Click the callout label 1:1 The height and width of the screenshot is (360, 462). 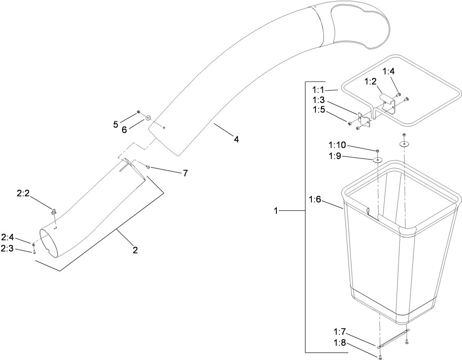(318, 89)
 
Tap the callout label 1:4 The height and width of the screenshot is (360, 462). (388, 72)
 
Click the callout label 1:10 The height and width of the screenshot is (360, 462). (336, 145)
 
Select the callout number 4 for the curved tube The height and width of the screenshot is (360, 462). (236, 139)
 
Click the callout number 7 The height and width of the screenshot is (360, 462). (185, 173)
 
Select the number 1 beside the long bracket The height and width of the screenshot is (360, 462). (276, 211)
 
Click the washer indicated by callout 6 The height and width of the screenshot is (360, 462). (147, 118)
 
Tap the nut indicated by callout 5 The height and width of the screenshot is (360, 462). (139, 112)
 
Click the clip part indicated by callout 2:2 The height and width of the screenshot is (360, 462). (53, 211)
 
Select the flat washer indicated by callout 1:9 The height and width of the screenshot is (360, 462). (378, 160)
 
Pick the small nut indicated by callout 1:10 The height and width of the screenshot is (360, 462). (378, 151)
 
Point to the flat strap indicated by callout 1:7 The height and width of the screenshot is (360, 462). (393, 338)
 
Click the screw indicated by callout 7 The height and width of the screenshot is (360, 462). (148, 167)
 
